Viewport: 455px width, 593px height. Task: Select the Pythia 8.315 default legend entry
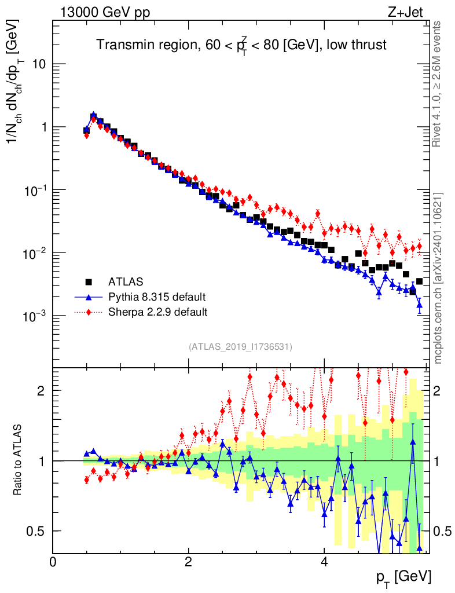pyautogui.click(x=157, y=297)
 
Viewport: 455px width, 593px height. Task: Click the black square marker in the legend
pyautogui.click(x=89, y=282)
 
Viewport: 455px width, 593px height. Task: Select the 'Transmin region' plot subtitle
pyautogui.click(x=241, y=45)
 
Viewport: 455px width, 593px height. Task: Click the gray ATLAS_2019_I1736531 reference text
pyautogui.click(x=240, y=347)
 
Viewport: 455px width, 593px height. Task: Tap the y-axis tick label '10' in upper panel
pyautogui.click(x=38, y=64)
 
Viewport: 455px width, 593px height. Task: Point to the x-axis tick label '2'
pyautogui.click(x=188, y=561)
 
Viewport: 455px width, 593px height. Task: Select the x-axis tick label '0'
pyautogui.click(x=53, y=561)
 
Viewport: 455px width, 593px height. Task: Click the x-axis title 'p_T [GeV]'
pyautogui.click(x=403, y=577)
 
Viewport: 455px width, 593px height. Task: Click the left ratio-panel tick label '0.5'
pyautogui.click(x=37, y=531)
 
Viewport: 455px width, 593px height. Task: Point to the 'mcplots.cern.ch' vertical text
pyautogui.click(x=438, y=278)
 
